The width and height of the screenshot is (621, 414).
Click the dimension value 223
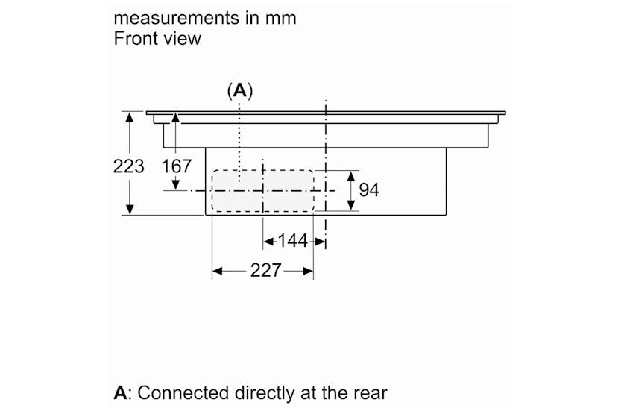click(x=129, y=166)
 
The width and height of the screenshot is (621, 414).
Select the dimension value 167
click(x=177, y=166)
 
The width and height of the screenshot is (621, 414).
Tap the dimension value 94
click(x=369, y=190)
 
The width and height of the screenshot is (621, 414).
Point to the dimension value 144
click(x=292, y=241)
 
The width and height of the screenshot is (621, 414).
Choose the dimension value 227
click(x=265, y=271)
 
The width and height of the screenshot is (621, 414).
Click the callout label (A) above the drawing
click(x=240, y=91)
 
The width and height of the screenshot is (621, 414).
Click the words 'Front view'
click(x=157, y=38)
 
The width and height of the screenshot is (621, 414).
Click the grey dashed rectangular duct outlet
click(x=262, y=190)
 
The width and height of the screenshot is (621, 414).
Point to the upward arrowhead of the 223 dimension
click(x=130, y=118)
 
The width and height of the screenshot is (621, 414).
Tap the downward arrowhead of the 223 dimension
click(x=130, y=210)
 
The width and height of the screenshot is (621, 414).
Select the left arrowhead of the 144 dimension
click(x=268, y=242)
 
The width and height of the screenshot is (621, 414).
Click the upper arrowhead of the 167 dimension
click(x=176, y=118)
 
